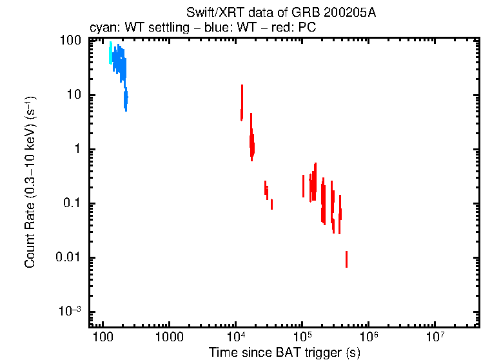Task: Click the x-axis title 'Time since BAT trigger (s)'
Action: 284,352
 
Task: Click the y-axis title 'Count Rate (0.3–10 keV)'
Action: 30,182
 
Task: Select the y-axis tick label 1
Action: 77,149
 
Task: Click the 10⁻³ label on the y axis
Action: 69,311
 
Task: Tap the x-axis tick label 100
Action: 102,338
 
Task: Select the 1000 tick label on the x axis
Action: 170,338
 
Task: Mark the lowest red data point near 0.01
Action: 346,259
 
